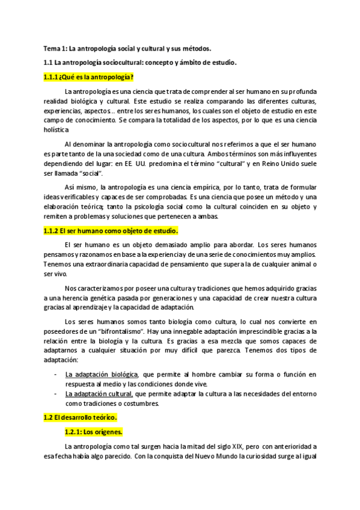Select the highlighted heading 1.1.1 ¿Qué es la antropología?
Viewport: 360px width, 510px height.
pos(88,77)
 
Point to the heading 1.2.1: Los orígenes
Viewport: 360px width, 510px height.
pos(93,432)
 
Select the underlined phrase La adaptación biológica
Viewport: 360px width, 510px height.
pos(102,375)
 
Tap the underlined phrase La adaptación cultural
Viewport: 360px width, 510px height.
pos(99,394)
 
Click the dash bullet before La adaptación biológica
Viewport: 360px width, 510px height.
pos(55,375)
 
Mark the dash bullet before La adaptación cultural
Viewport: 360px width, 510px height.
pos(55,394)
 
